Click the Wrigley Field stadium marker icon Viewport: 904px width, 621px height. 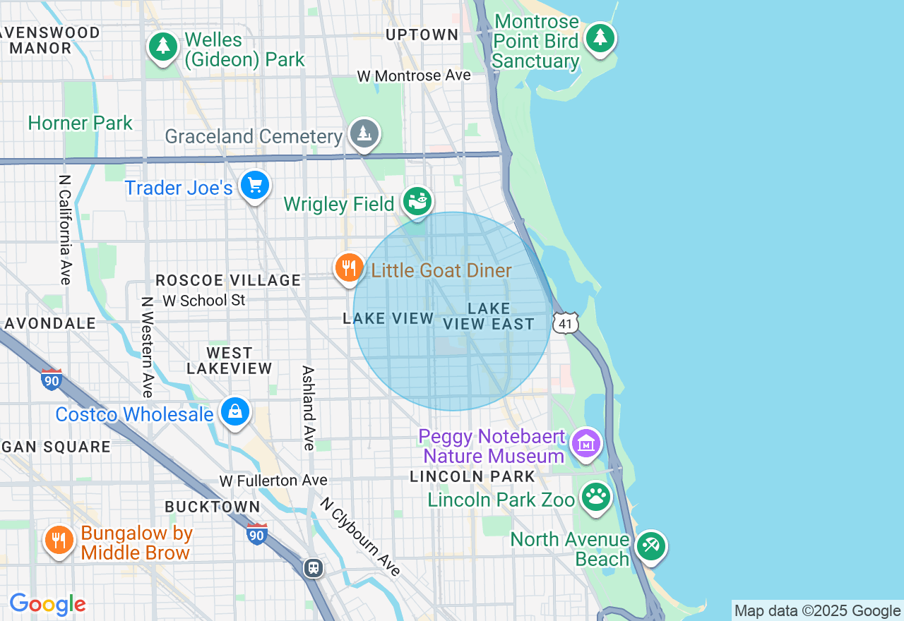(x=417, y=201)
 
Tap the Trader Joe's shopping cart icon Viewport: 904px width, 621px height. (x=255, y=186)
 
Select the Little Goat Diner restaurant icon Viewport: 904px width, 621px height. (x=349, y=268)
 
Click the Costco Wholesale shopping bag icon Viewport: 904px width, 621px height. (x=235, y=411)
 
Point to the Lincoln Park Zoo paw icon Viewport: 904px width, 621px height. (x=596, y=497)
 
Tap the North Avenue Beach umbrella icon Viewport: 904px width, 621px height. (x=650, y=546)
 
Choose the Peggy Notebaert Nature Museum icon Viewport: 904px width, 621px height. (x=586, y=443)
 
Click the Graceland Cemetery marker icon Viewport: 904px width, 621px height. (x=364, y=133)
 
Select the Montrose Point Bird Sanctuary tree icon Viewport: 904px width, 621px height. (x=600, y=37)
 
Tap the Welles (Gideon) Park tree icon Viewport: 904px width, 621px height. (x=163, y=47)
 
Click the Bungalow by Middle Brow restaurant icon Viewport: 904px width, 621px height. (x=59, y=541)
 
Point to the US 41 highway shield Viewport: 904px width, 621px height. (x=566, y=323)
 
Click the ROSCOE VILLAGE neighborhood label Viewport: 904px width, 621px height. (x=228, y=280)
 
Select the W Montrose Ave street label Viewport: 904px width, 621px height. (x=414, y=76)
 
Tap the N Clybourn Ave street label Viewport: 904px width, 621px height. (x=360, y=537)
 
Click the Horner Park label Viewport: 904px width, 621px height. (x=80, y=123)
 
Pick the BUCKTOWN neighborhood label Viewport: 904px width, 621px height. (x=213, y=507)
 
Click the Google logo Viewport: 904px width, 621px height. (x=47, y=604)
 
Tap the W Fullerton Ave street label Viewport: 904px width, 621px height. (x=273, y=481)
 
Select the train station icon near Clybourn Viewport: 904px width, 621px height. (x=314, y=567)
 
